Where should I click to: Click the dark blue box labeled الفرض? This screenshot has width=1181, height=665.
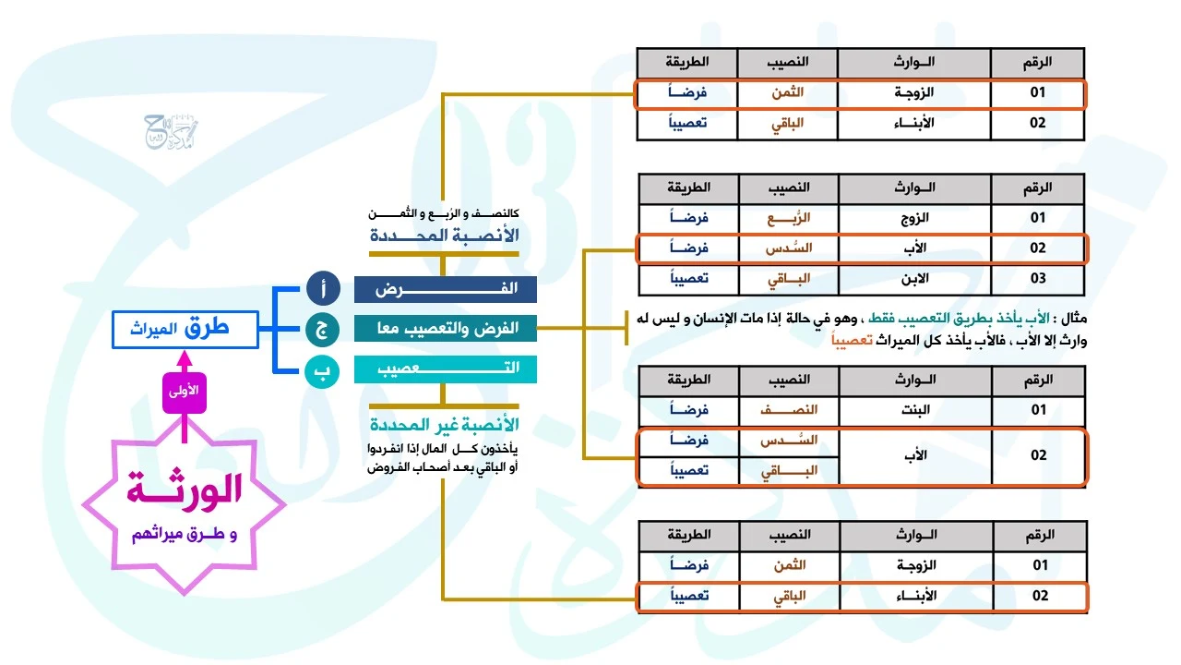[x=445, y=289]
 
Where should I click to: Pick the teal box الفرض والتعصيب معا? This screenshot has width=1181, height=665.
[x=445, y=328]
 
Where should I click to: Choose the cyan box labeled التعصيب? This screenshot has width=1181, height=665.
[x=445, y=368]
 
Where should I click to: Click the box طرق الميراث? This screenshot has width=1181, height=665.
[x=185, y=330]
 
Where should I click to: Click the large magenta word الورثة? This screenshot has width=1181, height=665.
[x=185, y=490]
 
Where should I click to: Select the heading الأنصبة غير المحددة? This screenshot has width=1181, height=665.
[x=444, y=425]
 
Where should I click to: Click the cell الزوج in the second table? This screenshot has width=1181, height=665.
[x=913, y=218]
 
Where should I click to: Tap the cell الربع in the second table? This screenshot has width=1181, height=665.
[x=788, y=218]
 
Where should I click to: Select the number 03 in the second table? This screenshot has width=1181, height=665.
[x=1038, y=278]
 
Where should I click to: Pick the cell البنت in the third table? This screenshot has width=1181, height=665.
[x=913, y=410]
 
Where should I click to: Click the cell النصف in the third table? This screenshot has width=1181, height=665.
[x=788, y=410]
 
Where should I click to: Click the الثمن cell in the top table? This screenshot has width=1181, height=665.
[x=788, y=93]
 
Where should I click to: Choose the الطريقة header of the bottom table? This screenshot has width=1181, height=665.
[x=687, y=536]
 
